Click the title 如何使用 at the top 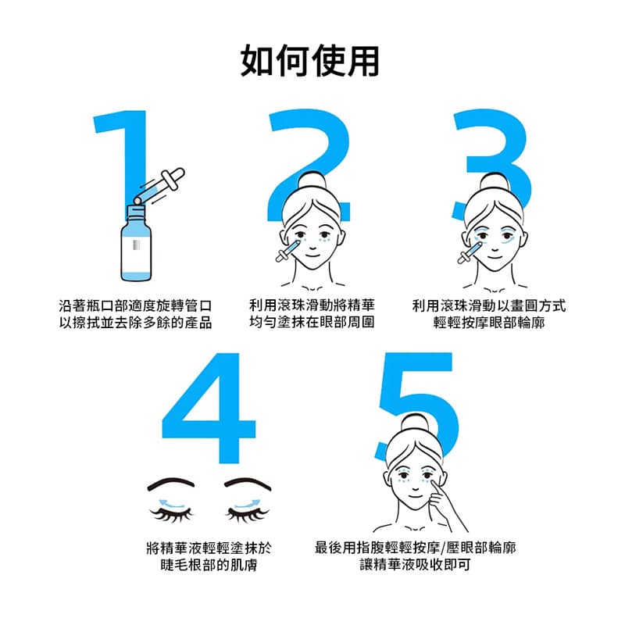point(312,60)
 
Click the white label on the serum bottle point(137,248)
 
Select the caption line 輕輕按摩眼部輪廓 point(489,323)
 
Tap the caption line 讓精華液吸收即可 point(415,564)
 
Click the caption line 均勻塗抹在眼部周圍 point(312,323)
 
